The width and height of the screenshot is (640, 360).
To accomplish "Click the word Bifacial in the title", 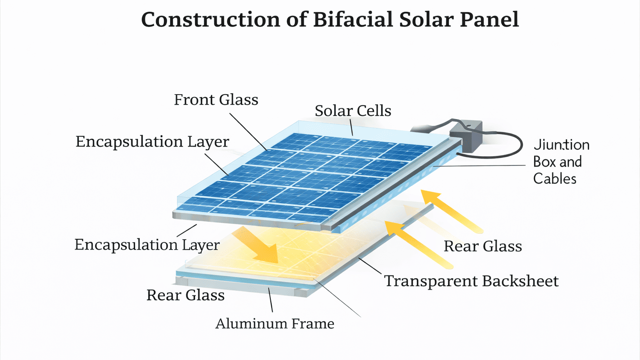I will click(x=352, y=20).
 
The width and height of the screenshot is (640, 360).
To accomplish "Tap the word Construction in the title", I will click(x=210, y=20).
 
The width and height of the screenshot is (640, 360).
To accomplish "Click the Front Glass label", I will click(x=216, y=100).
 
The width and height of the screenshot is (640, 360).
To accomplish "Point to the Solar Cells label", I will click(x=352, y=111).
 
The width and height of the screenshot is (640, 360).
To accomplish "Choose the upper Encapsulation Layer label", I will click(x=152, y=142).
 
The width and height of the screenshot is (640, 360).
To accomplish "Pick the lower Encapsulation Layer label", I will click(x=147, y=245).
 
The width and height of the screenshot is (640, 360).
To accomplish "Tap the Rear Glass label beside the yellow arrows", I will click(x=482, y=246).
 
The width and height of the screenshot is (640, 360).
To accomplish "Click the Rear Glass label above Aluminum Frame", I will click(x=185, y=295).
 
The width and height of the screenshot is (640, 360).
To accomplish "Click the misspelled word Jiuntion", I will click(x=561, y=145).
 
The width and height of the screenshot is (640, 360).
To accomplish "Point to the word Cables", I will click(x=555, y=179).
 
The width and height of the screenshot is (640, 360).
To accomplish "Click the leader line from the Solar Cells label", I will click(x=352, y=127).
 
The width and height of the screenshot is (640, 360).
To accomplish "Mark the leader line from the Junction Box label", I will click(x=479, y=166).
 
